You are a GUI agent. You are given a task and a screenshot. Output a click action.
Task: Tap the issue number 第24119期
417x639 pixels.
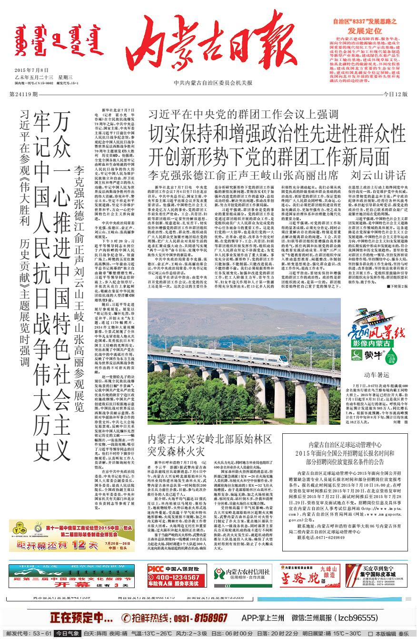click(x=24, y=94)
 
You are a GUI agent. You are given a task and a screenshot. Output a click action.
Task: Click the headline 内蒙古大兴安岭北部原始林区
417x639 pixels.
click(x=210, y=439)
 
